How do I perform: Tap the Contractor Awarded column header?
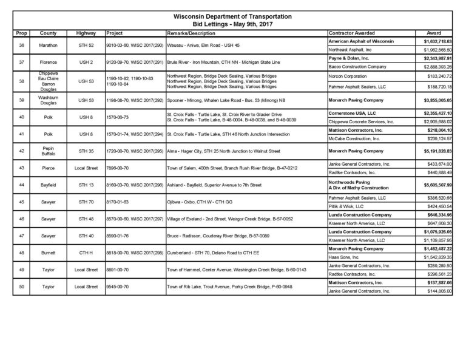pos(351,31)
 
